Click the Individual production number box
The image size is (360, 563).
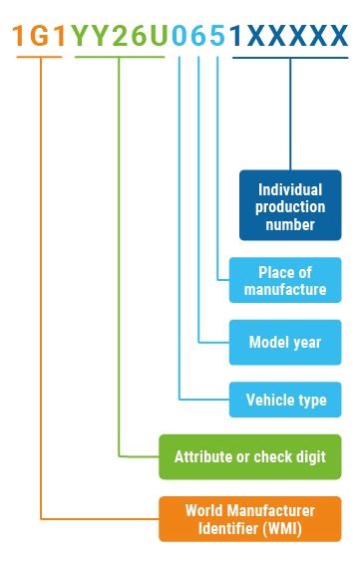290,205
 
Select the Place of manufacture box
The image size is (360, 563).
284,281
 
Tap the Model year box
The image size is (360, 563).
284,343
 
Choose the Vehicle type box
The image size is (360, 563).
284,401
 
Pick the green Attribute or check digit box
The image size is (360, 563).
249,457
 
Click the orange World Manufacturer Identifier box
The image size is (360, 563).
249,518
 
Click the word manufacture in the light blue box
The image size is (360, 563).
285,290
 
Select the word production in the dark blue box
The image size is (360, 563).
290,206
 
